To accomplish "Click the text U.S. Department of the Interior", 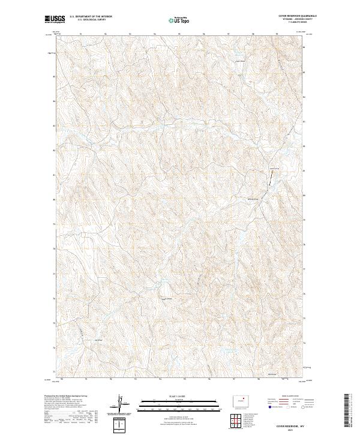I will pos(91,17).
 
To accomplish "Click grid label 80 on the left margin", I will pos(53,200).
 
